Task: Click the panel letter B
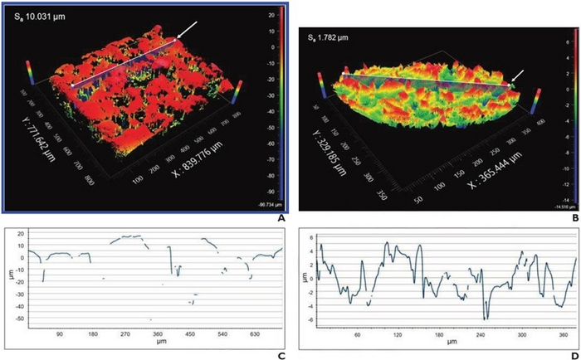click(x=573, y=217)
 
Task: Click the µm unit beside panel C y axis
click(x=7, y=278)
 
